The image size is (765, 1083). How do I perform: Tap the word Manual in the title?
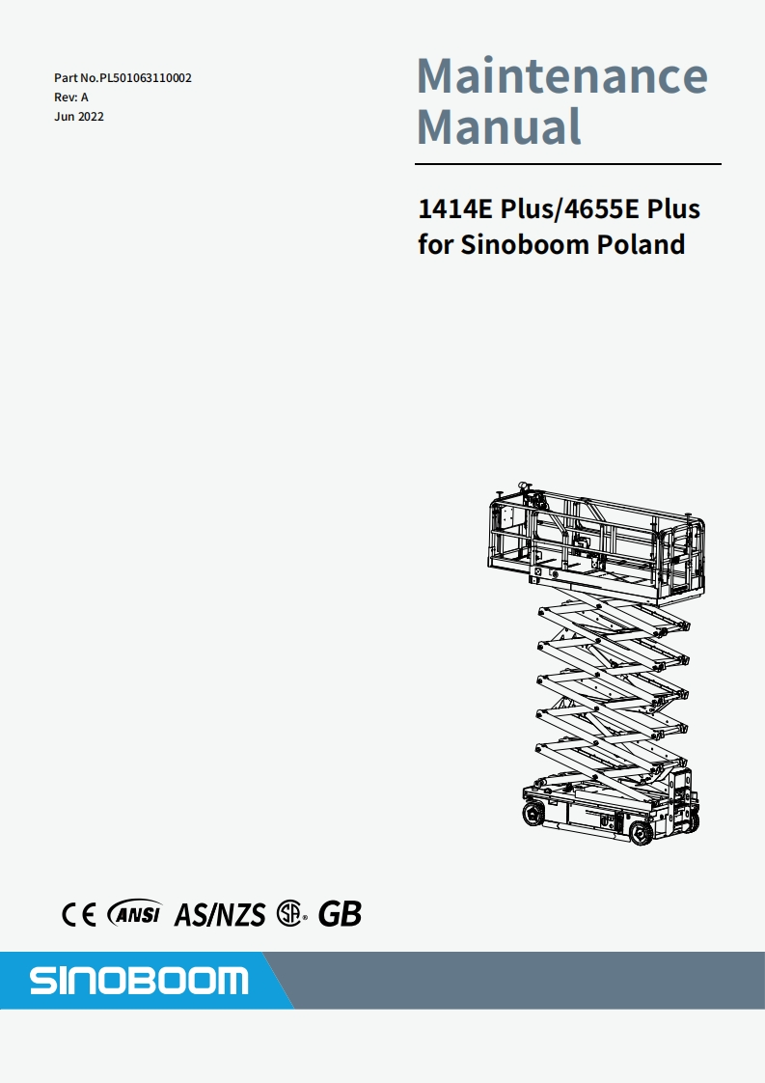499,126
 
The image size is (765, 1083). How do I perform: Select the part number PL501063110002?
146,77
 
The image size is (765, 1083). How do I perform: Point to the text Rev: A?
71,97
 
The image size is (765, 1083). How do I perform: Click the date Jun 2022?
79,117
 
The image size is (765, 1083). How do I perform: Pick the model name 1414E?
452,209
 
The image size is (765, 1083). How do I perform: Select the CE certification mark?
78,913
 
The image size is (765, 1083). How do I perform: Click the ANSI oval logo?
135,913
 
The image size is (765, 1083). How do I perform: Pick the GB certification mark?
340,913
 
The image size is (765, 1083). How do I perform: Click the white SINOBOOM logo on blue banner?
138,981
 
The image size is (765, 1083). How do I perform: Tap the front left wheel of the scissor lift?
533,814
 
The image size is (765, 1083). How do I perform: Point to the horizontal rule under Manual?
569,164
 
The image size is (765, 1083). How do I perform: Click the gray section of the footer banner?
521,981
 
